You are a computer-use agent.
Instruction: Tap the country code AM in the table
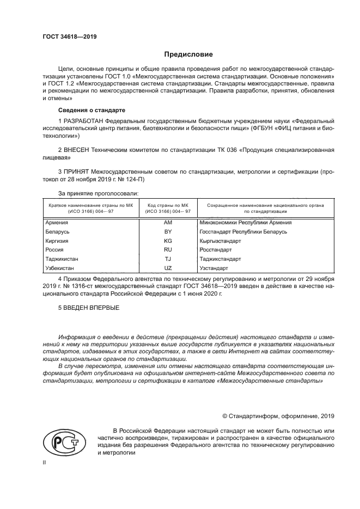click(x=168, y=223)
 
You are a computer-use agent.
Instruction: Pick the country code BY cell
click(x=168, y=232)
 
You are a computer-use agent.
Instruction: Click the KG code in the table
click(x=168, y=241)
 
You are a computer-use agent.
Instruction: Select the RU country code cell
click(x=168, y=250)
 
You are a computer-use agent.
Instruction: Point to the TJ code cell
click(x=168, y=259)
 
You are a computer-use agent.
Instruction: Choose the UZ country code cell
click(x=168, y=268)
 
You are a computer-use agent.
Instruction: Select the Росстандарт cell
click(x=217, y=250)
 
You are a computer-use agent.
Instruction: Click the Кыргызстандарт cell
click(x=221, y=241)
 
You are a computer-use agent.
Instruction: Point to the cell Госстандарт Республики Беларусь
click(x=243, y=232)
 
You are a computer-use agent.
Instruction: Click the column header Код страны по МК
click(x=168, y=205)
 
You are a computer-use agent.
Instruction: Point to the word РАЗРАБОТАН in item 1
click(x=84, y=120)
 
